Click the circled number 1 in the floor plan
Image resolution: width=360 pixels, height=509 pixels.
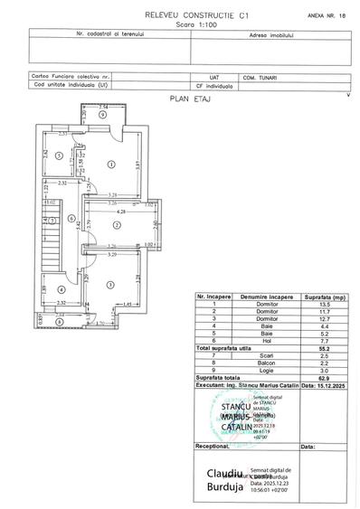click(x=111, y=164)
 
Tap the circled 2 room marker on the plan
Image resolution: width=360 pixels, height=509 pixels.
click(x=117, y=224)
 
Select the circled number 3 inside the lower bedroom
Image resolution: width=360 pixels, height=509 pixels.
click(x=109, y=285)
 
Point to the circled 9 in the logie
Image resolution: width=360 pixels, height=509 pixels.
click(x=103, y=117)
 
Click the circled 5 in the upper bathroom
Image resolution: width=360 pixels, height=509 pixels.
click(x=57, y=156)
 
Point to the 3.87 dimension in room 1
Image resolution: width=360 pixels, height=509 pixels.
click(x=137, y=165)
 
